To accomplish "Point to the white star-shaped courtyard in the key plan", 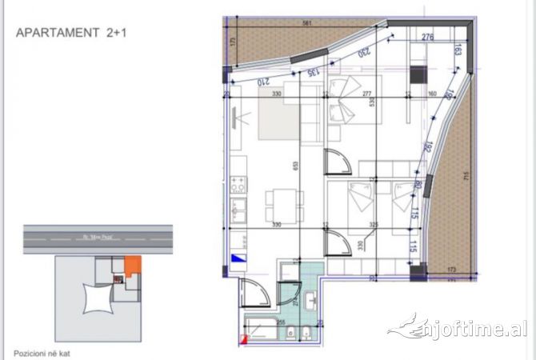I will (94, 298).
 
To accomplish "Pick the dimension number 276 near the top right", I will (427, 37).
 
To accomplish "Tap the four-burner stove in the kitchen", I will (238, 186).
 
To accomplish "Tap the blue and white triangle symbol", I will (238, 258).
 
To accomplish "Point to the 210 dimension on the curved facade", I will (262, 81).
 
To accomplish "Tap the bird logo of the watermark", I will (408, 326).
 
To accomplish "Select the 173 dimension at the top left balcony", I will (231, 42).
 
